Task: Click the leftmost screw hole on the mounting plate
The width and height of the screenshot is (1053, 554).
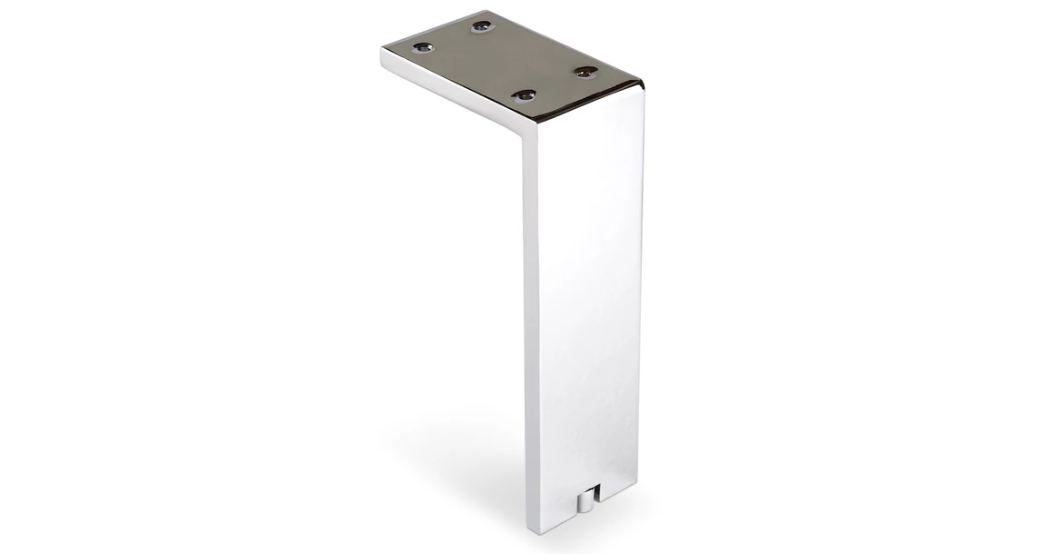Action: tap(420, 46)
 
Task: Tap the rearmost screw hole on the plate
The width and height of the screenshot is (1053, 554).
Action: tap(480, 27)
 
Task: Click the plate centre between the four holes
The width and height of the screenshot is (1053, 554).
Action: tap(504, 60)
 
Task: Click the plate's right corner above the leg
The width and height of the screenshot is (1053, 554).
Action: tap(643, 85)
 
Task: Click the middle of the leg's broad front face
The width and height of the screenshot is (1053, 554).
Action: tap(586, 300)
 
